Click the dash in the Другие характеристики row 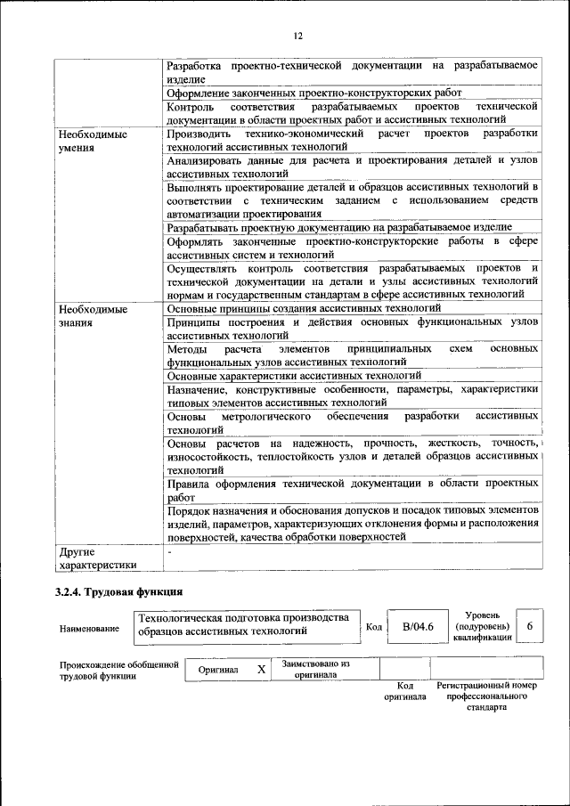(x=169, y=552)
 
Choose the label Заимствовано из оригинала (x=316, y=669)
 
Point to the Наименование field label (x=89, y=629)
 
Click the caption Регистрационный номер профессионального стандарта (x=487, y=696)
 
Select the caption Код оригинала (x=405, y=690)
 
